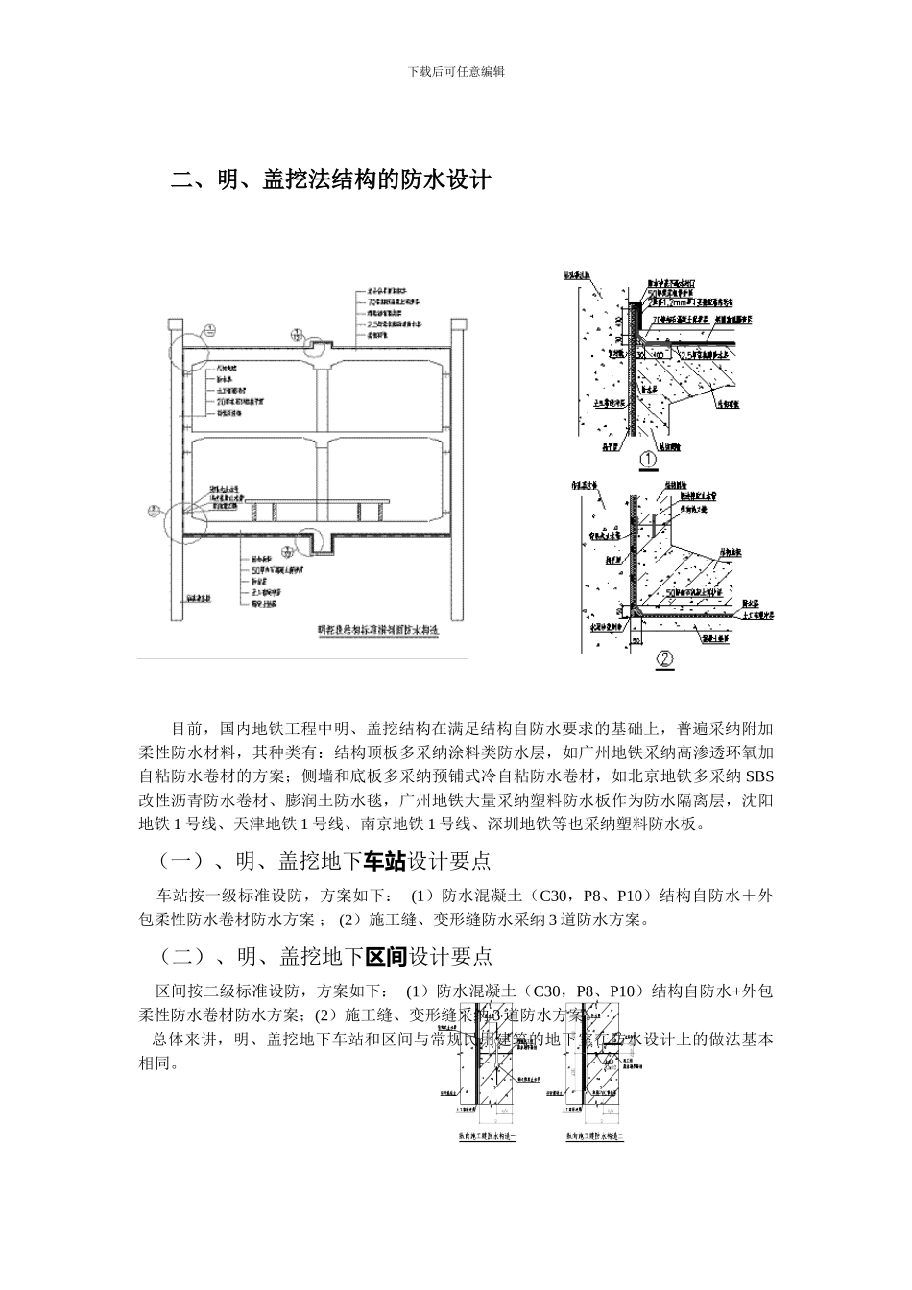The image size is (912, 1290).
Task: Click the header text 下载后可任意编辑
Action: (456, 71)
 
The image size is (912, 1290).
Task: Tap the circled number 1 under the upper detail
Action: (649, 459)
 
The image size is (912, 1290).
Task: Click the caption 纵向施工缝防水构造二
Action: (592, 1136)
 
